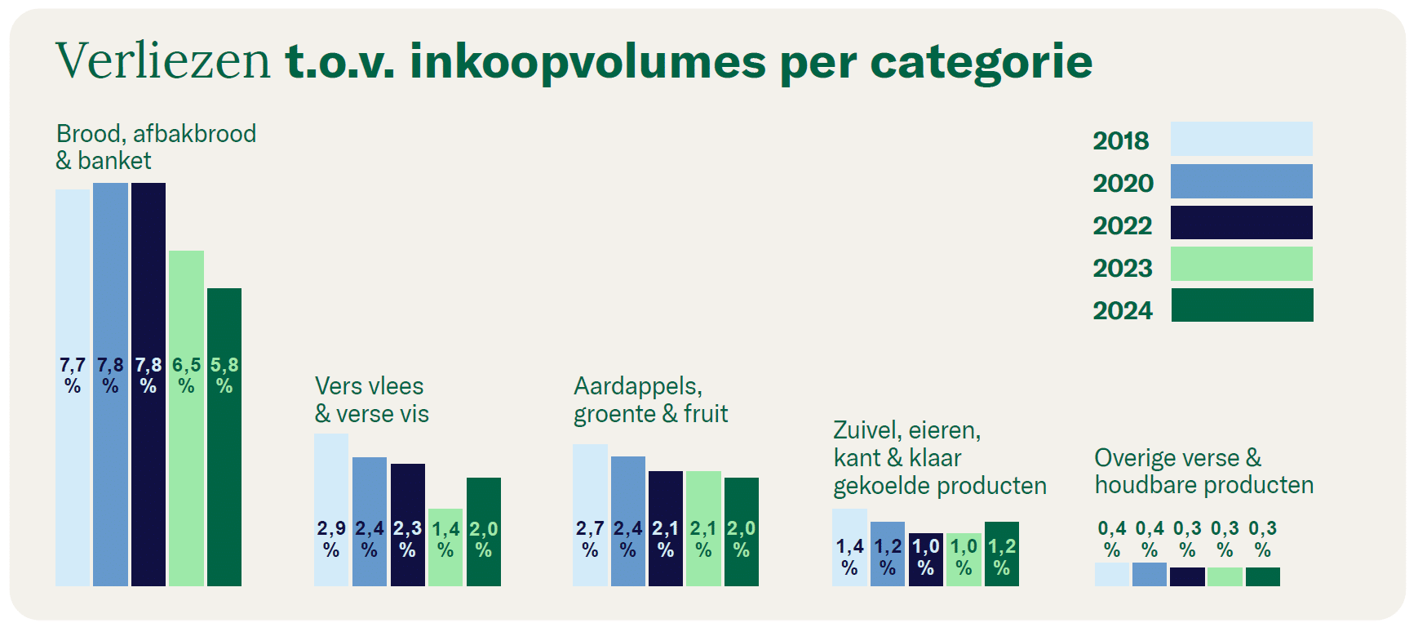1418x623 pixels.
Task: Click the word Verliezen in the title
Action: point(162,61)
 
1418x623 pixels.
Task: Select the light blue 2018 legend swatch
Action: point(1241,139)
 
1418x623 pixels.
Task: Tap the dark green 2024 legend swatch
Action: point(1242,305)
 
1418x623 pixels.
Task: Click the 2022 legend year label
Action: point(1122,225)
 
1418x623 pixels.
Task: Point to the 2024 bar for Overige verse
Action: point(1263,576)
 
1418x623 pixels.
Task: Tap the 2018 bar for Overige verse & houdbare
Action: point(1111,574)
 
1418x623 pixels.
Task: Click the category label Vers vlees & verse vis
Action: point(371,400)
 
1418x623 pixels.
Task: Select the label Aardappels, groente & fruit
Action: point(650,400)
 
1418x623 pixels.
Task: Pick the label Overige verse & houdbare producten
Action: point(1203,471)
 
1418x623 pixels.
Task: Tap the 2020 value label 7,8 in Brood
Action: point(110,365)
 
